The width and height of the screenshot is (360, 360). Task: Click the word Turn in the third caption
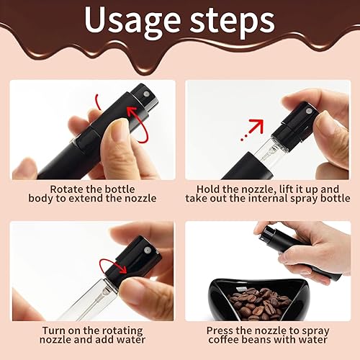[53, 330]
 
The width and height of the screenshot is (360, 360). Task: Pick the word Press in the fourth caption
[220, 330]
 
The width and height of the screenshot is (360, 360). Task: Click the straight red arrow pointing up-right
[252, 129]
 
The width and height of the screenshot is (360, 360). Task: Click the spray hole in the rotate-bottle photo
[145, 94]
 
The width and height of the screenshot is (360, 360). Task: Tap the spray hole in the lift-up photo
[308, 111]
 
